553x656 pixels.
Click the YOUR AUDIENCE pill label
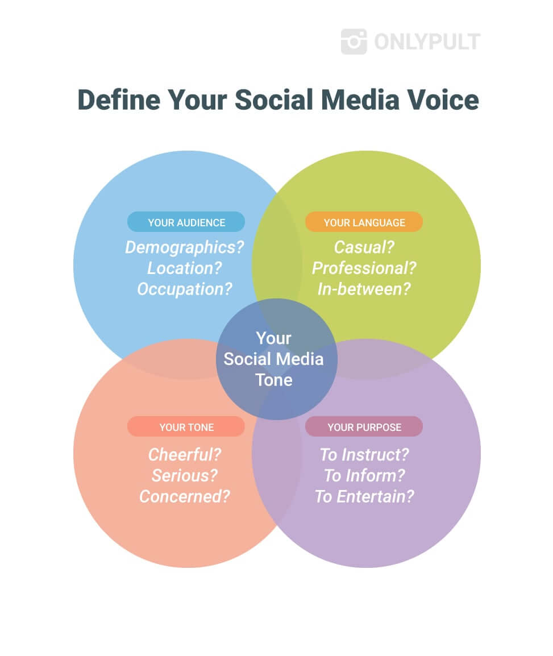(186, 222)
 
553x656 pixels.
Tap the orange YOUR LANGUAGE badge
(364, 222)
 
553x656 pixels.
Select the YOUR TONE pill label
(186, 426)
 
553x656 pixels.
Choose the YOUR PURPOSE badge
(364, 426)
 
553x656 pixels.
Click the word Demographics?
(185, 247)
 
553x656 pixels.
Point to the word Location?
(185, 268)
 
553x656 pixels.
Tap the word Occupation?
(185, 289)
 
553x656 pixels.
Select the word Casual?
(364, 247)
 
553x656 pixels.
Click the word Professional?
(364, 268)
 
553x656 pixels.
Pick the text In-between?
(364, 289)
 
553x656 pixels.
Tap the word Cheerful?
(185, 455)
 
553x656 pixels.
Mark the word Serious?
(185, 476)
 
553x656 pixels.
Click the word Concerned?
(185, 497)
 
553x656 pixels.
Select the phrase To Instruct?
(364, 455)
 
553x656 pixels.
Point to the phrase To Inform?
(364, 476)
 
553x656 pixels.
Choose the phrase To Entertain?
(364, 497)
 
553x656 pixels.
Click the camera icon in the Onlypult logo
(354, 41)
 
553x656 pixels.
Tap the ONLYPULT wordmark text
(427, 42)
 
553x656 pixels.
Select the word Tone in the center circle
(274, 380)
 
